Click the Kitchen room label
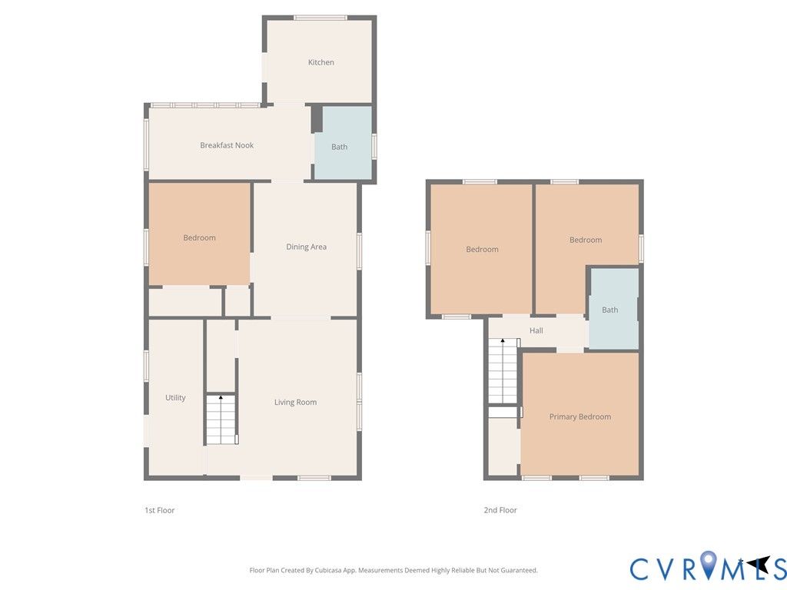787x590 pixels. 320,62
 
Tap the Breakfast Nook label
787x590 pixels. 227,145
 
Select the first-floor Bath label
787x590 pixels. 339,147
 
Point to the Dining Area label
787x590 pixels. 306,247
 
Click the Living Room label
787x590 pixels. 295,403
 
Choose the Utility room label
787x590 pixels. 176,397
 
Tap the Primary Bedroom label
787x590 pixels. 580,417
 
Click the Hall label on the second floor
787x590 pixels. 536,330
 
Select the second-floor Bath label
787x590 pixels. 609,310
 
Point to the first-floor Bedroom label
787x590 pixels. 199,238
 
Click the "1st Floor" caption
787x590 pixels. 160,510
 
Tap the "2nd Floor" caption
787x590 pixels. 500,510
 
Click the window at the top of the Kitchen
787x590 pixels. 320,18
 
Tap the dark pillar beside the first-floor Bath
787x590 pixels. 317,119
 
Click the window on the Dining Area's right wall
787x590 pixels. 360,251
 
